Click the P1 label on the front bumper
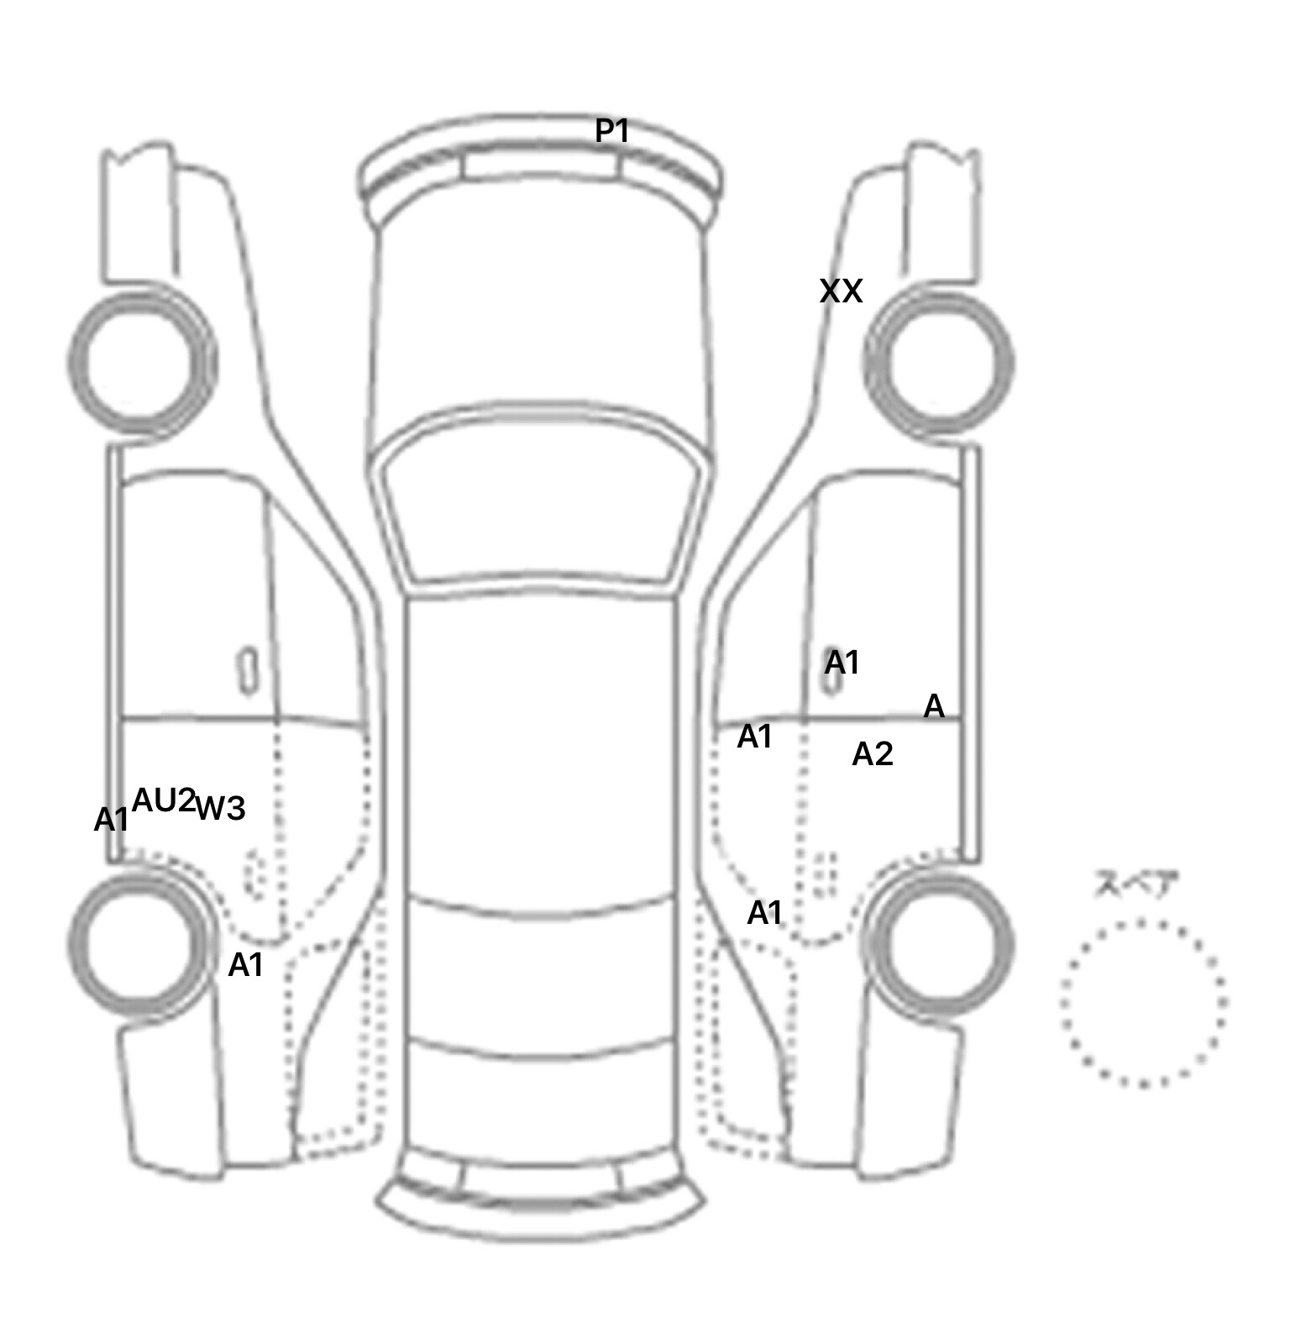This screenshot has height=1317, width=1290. (x=612, y=131)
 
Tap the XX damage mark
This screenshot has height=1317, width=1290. (x=841, y=291)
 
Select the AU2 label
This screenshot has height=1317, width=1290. (x=164, y=800)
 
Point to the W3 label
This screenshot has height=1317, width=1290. (x=220, y=808)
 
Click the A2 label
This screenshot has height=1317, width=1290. (x=873, y=754)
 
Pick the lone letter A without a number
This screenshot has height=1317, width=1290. (x=934, y=706)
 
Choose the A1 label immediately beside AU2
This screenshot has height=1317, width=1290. (x=112, y=820)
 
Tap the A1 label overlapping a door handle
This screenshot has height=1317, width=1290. (x=842, y=663)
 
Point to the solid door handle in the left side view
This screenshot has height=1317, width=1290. (x=248, y=671)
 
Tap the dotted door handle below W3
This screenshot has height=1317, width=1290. (x=255, y=874)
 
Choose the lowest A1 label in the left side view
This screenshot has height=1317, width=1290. (x=246, y=965)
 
